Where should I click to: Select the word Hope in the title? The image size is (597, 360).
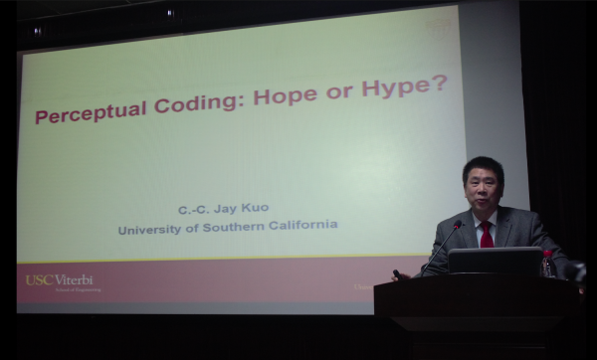pyautogui.click(x=290, y=96)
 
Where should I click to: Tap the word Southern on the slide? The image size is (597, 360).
pyautogui.click(x=241, y=226)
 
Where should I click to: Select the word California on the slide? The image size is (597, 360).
pyautogui.click(x=306, y=224)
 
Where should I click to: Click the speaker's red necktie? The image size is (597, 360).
pyautogui.click(x=487, y=235)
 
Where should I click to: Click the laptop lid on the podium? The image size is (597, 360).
pyautogui.click(x=494, y=261)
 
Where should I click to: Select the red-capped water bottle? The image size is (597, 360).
pyautogui.click(x=547, y=263)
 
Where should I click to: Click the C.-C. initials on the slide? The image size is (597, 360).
pyautogui.click(x=197, y=210)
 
